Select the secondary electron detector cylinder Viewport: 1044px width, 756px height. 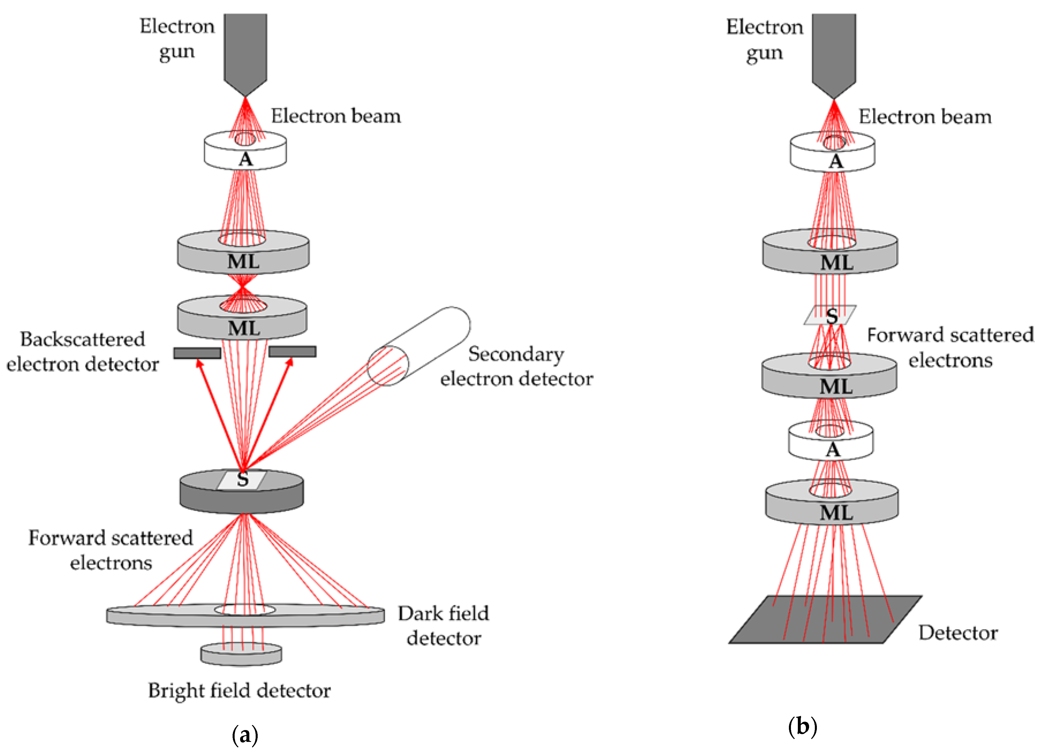419,346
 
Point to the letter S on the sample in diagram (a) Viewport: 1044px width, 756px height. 243,479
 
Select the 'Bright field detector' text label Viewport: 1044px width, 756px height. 239,691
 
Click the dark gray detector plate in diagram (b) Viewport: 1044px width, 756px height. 825,619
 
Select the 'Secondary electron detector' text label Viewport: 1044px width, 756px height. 517,367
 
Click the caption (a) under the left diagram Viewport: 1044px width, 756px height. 245,735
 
